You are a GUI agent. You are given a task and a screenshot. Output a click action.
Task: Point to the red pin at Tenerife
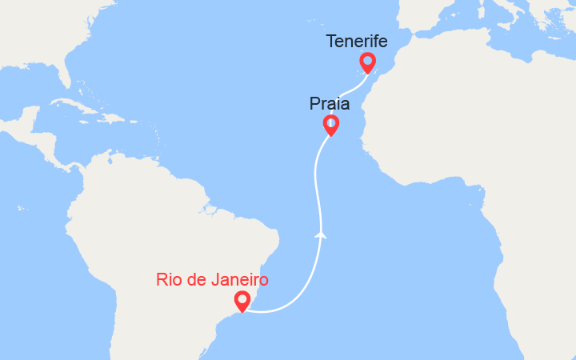(367, 62)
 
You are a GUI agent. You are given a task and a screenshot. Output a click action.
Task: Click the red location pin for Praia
(330, 124)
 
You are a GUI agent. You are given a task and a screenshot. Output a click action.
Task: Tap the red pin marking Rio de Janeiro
(242, 301)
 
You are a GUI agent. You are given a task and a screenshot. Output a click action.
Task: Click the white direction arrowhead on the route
(321, 234)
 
